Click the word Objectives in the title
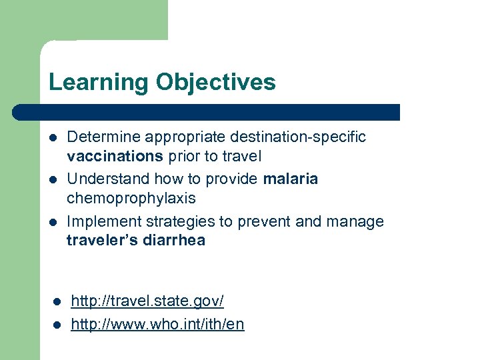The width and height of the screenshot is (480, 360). tap(215, 82)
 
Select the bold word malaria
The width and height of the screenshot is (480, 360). tap(291, 179)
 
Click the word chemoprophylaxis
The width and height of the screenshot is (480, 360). tap(131, 199)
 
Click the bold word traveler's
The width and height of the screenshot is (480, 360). tap(103, 241)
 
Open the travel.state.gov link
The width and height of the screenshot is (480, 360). tap(147, 301)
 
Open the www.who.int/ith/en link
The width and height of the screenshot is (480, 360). tap(157, 325)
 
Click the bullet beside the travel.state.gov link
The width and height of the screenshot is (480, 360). tap(56, 302)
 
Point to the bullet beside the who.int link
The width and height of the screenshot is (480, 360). tap(56, 325)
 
